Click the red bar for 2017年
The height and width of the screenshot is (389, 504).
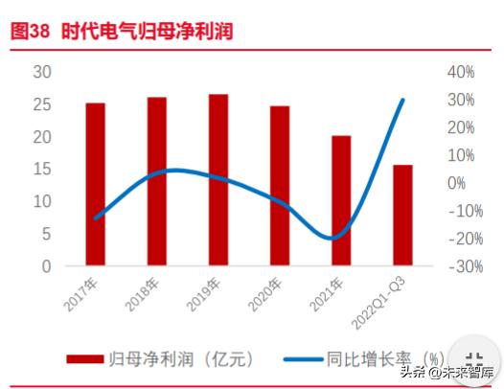point(95,183)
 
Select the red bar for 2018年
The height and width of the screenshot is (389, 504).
point(156,180)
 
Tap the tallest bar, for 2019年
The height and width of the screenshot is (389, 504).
point(218,179)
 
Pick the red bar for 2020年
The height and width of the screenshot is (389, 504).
point(279,185)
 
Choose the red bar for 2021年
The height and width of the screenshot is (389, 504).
point(340,200)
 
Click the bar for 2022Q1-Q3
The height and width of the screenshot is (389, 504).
point(402,215)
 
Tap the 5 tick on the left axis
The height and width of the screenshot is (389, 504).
point(46,234)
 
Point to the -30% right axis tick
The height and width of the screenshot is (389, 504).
point(457,266)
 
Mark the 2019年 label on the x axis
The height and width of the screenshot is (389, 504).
point(204,292)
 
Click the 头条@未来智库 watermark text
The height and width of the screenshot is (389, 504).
point(448,371)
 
